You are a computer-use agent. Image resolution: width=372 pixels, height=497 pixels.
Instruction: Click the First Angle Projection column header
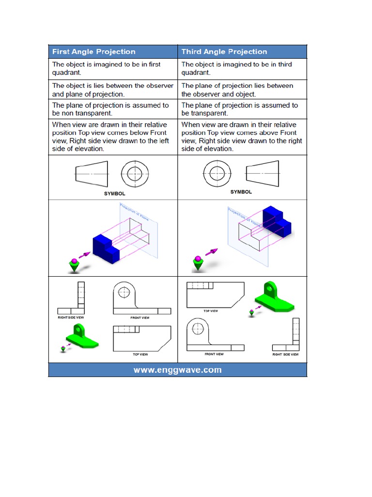(93, 52)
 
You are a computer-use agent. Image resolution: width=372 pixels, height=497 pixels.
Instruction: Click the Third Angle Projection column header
(224, 52)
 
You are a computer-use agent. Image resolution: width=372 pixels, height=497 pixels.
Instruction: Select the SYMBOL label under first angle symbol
(114, 193)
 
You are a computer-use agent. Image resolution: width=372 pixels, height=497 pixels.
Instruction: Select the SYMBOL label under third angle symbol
(241, 192)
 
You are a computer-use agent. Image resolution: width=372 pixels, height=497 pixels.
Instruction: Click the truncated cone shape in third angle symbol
(262, 173)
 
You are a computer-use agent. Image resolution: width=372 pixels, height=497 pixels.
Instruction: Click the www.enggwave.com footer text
(177, 370)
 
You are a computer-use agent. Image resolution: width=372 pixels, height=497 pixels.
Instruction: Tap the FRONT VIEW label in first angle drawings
(140, 318)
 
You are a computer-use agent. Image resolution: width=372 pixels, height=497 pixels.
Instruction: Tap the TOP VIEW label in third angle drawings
(210, 311)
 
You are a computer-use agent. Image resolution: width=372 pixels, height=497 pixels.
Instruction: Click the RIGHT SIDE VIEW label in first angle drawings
(71, 317)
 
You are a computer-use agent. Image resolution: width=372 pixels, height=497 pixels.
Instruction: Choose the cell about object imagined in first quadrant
(113, 68)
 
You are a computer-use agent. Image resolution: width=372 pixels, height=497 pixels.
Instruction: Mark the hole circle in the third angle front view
(198, 329)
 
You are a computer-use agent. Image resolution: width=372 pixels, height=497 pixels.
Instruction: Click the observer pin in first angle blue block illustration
(74, 265)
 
